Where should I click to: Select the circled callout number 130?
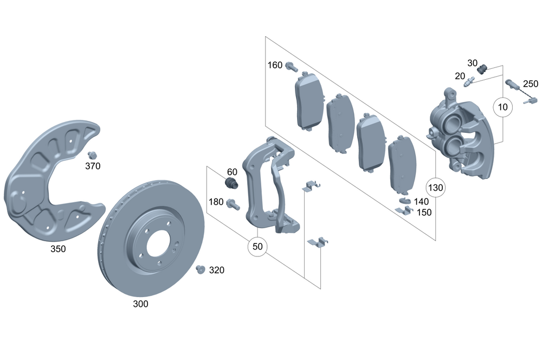[x=436, y=188]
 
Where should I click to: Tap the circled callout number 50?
[x=257, y=247]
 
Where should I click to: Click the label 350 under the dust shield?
[x=57, y=249]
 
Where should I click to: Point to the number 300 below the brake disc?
[x=140, y=304]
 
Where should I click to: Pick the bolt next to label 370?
[x=92, y=155]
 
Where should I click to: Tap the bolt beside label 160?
[x=291, y=67]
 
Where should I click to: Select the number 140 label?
[x=421, y=202]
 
